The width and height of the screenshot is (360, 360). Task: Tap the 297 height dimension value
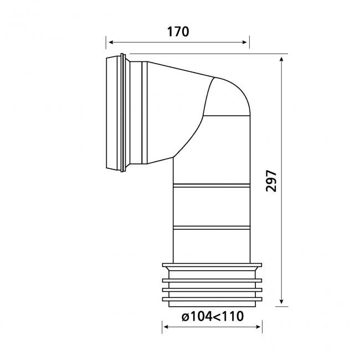click(x=270, y=180)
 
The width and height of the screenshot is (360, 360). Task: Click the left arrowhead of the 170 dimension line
click(x=110, y=42)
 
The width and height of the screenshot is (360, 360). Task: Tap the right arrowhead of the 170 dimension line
click(x=246, y=42)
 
